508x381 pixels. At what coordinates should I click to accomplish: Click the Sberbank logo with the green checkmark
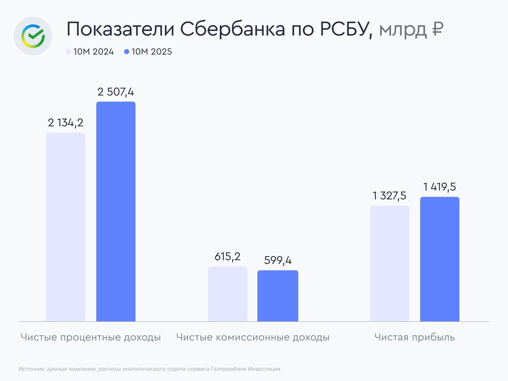pos(33,36)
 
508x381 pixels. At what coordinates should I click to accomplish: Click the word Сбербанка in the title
pos(232,29)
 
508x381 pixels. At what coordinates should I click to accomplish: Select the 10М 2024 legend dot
pos(68,52)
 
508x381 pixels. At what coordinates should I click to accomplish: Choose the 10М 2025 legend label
pos(152,52)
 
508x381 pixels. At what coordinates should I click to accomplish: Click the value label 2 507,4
pos(115,92)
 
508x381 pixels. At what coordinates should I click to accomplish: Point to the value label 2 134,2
pos(65,123)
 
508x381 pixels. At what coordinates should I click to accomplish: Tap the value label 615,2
pos(227,257)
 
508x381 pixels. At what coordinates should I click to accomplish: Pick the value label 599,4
pos(278,261)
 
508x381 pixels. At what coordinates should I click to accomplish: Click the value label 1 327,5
pos(389,196)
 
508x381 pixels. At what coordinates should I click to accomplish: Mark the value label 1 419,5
pos(439,187)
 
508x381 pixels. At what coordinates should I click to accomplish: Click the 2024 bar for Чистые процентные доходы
pos(65,227)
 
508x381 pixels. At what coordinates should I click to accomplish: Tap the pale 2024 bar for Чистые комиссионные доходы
pos(227,294)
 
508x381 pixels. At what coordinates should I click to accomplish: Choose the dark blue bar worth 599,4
pos(278,296)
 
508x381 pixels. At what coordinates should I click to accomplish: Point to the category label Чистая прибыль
pos(414,337)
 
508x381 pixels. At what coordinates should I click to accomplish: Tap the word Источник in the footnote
pos(31,369)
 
